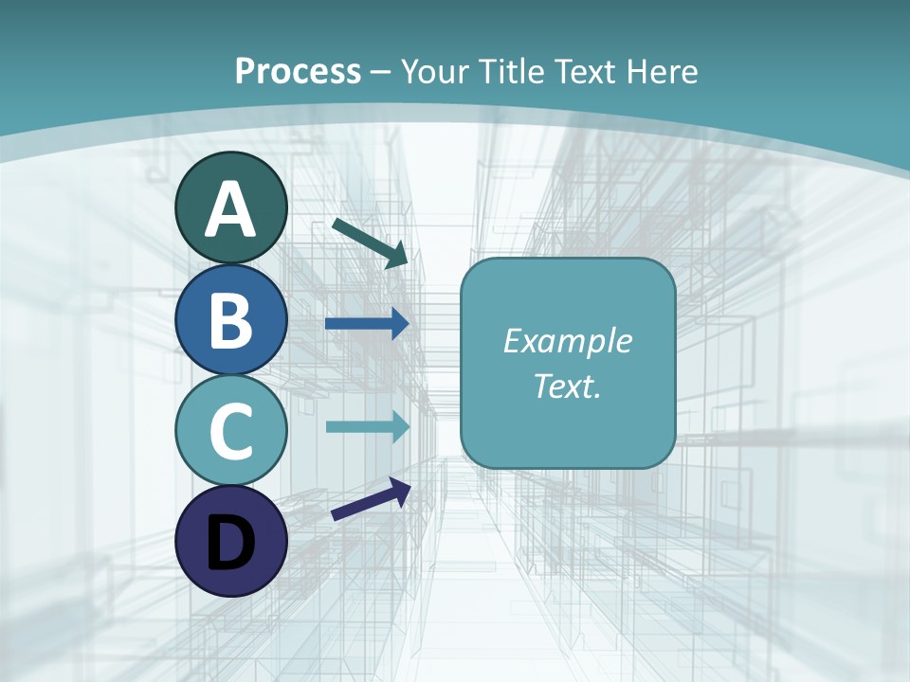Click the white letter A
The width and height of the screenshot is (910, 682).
pyautogui.click(x=230, y=209)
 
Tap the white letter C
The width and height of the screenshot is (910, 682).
pyautogui.click(x=230, y=431)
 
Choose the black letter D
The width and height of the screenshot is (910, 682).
pyautogui.click(x=230, y=543)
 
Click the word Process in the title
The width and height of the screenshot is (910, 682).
pyautogui.click(x=298, y=71)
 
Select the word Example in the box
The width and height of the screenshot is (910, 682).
pyautogui.click(x=567, y=341)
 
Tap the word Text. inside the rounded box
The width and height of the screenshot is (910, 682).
pyautogui.click(x=567, y=386)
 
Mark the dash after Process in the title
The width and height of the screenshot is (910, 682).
pyautogui.click(x=380, y=72)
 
